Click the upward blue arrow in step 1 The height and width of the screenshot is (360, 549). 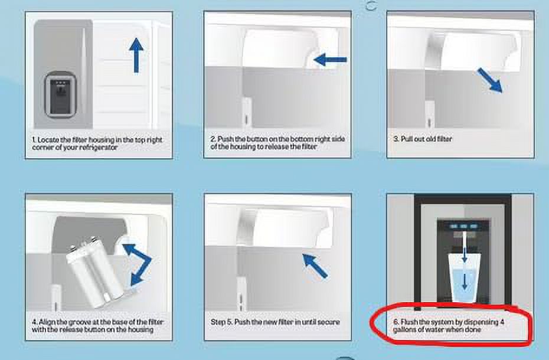pyautogui.click(x=136, y=55)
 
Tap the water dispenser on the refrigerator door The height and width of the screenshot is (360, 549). pyautogui.click(x=60, y=95)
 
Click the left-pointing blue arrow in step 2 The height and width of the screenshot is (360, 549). pyautogui.click(x=330, y=60)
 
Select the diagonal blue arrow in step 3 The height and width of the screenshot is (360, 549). pyautogui.click(x=490, y=80)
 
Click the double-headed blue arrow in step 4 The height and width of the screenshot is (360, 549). pyautogui.click(x=138, y=264)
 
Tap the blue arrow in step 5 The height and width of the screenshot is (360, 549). pyautogui.click(x=315, y=266)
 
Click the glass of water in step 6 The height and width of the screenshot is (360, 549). pyautogui.click(x=464, y=278)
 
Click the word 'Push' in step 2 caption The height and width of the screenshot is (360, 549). pyautogui.click(x=226, y=139)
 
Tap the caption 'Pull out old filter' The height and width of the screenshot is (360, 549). pyautogui.click(x=423, y=139)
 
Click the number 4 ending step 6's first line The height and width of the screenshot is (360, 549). pyautogui.click(x=502, y=322)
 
